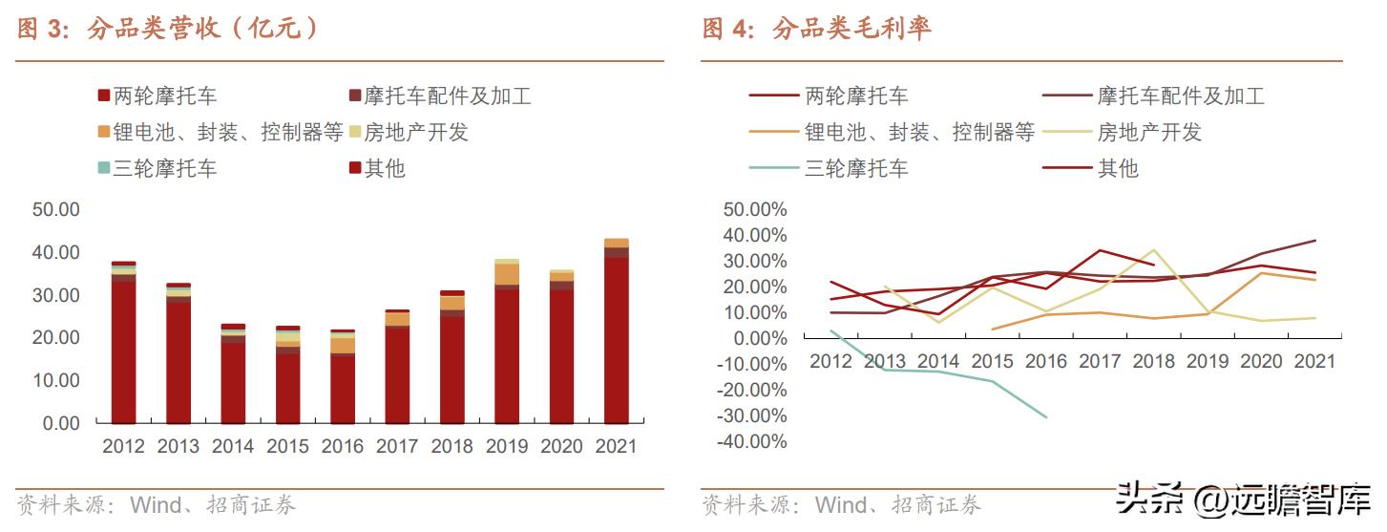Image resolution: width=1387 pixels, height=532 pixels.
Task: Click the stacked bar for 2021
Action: [x=616, y=330]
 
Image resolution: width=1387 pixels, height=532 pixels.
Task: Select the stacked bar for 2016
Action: [x=343, y=376]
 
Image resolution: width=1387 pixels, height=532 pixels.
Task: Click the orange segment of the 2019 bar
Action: [x=507, y=274]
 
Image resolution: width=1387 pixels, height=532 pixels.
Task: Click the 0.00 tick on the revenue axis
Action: [x=60, y=423]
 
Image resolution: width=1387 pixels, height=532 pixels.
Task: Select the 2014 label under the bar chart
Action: [x=233, y=447]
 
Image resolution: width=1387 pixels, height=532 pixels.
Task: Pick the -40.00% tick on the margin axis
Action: [x=755, y=442]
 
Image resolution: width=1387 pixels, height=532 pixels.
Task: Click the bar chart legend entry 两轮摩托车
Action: [x=158, y=96]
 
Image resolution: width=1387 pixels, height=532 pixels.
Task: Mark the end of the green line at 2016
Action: [x=1047, y=417]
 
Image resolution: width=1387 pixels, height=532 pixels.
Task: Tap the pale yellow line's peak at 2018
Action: [x=1154, y=250]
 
